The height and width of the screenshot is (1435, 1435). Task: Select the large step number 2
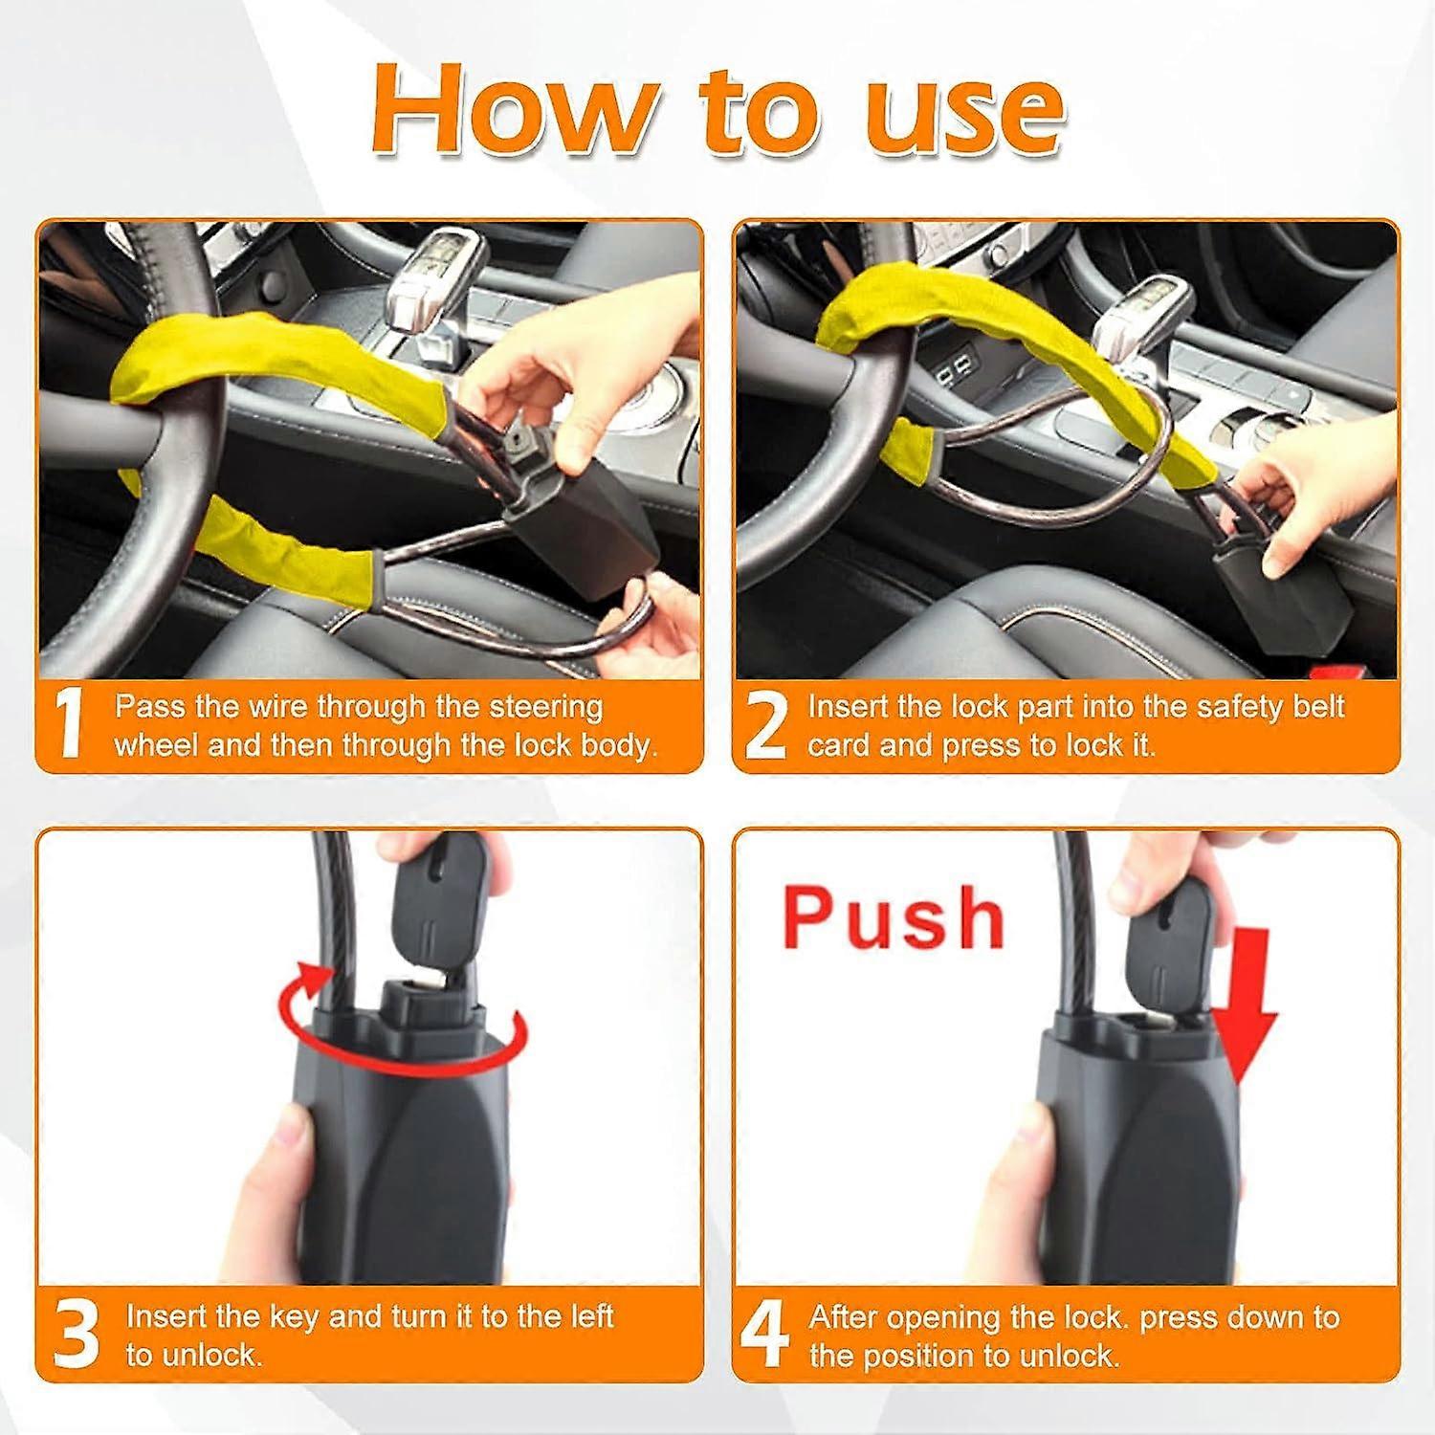[x=764, y=725]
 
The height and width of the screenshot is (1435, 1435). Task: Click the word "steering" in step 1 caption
[x=545, y=707]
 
